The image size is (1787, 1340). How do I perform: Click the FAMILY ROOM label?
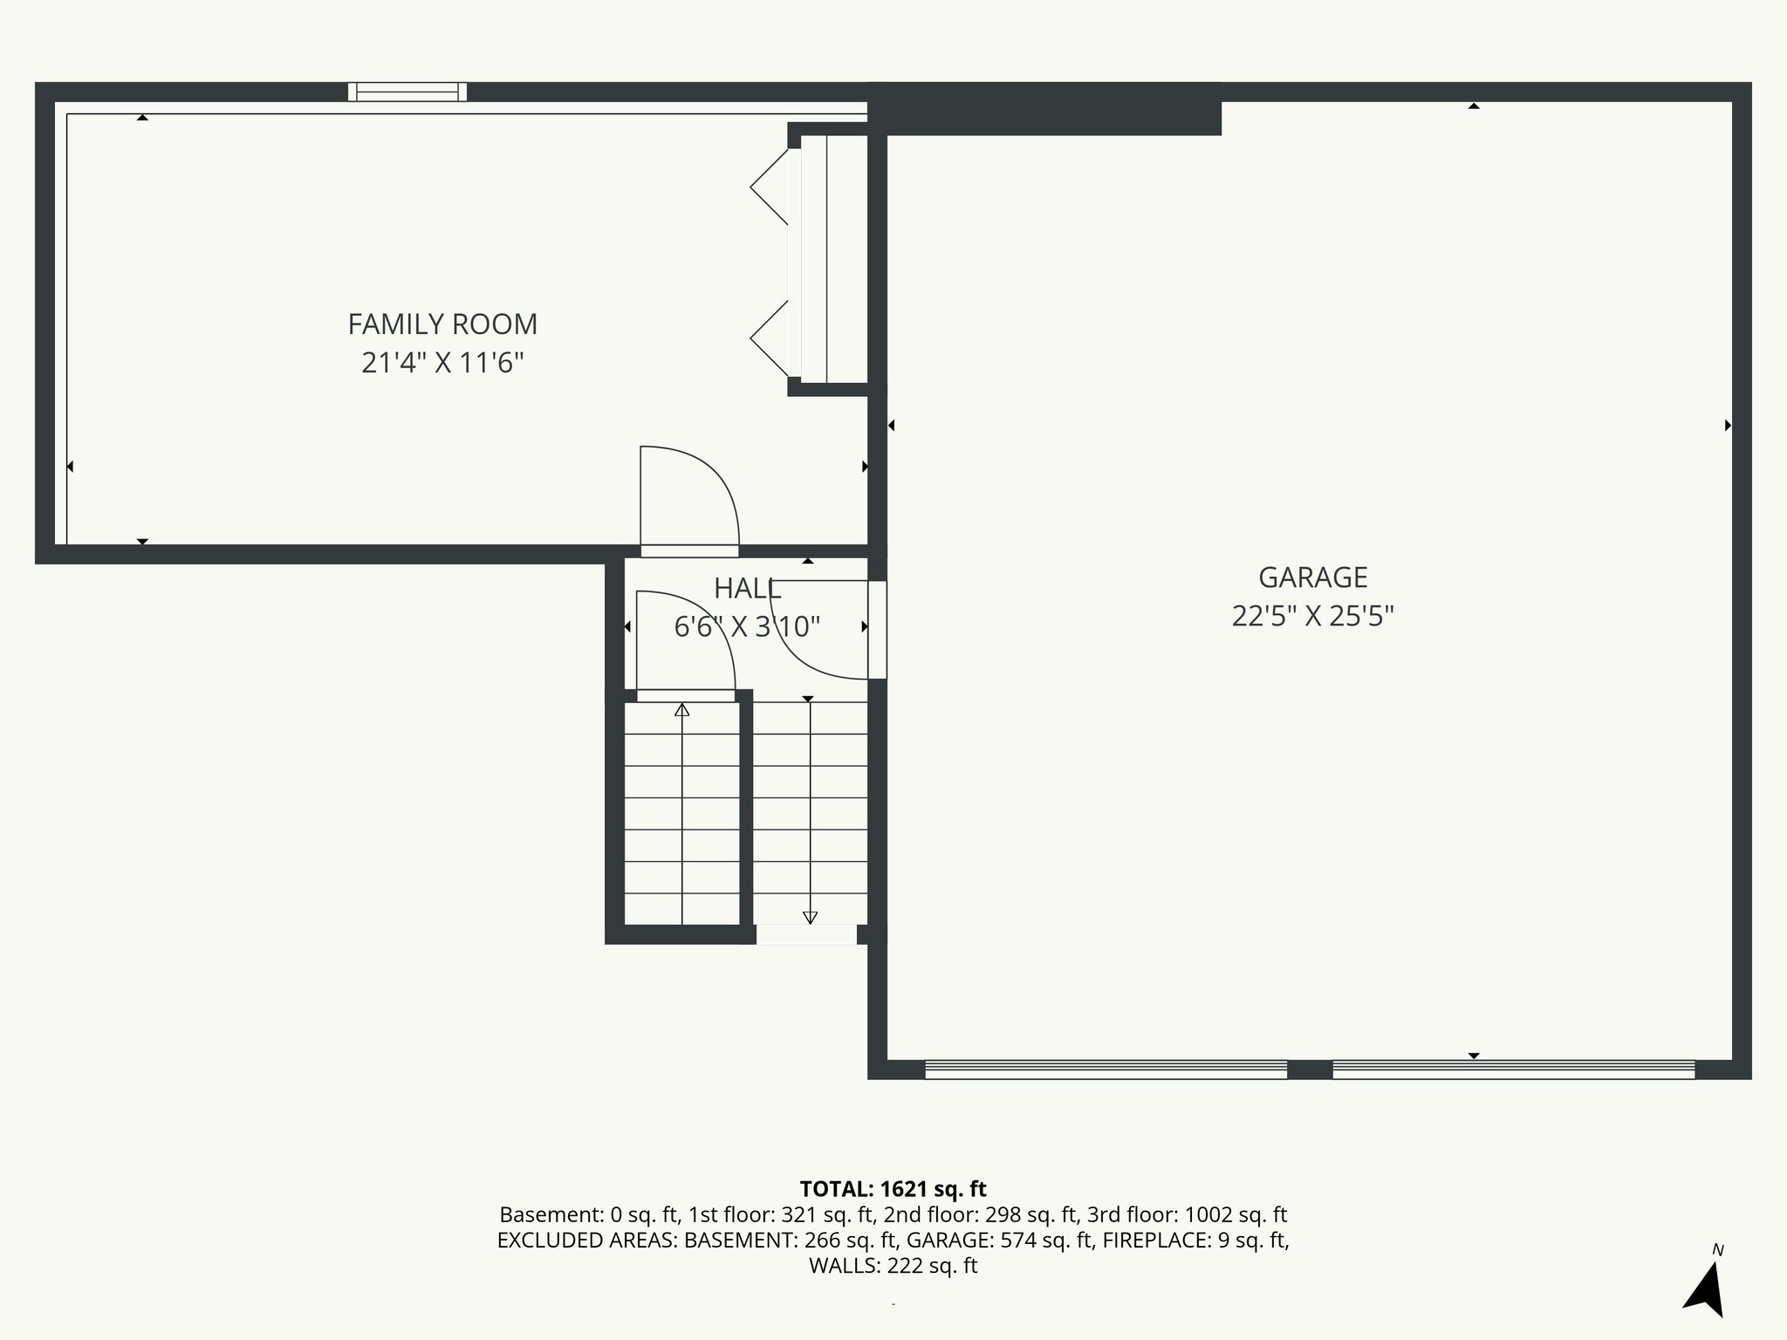(x=442, y=325)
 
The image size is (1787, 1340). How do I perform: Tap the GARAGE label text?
(x=1312, y=578)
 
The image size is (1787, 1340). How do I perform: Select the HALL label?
(x=747, y=589)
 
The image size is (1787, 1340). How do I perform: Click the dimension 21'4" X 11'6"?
(x=442, y=363)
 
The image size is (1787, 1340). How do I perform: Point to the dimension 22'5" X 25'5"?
(x=1312, y=617)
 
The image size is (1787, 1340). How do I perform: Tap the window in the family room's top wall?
(x=407, y=92)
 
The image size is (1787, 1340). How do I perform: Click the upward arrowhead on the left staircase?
(x=682, y=710)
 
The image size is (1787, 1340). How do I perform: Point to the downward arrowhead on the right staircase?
(x=810, y=917)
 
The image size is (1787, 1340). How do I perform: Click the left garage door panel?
(x=1106, y=1070)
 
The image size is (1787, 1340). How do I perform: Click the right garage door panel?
(x=1513, y=1070)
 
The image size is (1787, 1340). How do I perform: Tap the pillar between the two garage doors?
(x=1310, y=1070)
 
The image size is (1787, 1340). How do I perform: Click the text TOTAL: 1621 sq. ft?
(x=893, y=1189)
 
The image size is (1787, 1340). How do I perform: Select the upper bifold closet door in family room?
(x=770, y=187)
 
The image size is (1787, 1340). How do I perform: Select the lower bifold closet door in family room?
(x=770, y=338)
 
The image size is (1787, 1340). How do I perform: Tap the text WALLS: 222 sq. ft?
(x=893, y=1266)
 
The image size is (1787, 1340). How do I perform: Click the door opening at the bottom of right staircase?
(x=806, y=934)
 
